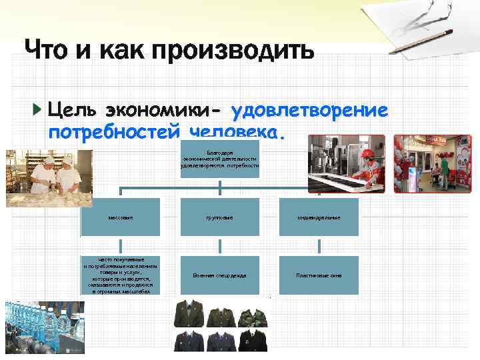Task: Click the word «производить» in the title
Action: tap(235, 50)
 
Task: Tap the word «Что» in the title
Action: tap(49, 49)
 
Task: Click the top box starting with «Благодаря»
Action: tap(219, 159)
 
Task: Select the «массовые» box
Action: tap(121, 217)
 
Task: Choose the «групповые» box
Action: tap(219, 217)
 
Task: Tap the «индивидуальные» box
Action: tap(319, 217)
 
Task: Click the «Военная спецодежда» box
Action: tap(219, 275)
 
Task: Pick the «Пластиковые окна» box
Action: tap(319, 275)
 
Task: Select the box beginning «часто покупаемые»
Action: tap(121, 275)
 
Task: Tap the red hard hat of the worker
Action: tap(366, 153)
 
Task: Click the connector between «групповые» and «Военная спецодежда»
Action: tap(219, 246)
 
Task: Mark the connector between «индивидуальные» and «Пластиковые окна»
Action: tap(319, 246)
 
